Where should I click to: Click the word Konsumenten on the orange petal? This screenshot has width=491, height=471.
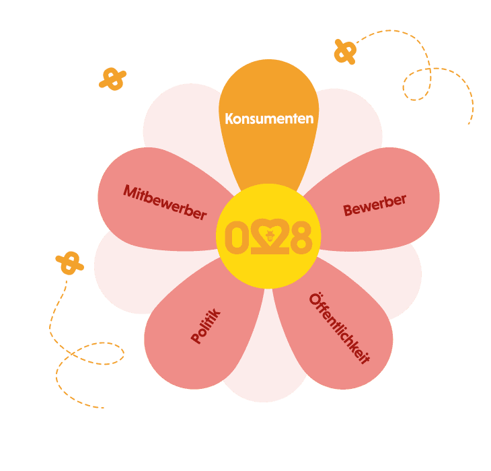(269, 118)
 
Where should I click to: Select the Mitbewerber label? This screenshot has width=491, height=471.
(164, 202)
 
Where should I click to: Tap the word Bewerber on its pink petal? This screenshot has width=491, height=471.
(375, 206)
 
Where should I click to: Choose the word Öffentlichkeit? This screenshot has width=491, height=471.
(340, 329)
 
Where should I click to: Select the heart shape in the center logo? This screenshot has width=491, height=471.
(269, 237)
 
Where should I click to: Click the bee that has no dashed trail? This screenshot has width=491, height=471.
(112, 79)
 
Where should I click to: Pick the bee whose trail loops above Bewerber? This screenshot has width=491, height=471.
(345, 51)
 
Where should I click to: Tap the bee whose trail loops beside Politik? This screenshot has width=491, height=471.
(69, 262)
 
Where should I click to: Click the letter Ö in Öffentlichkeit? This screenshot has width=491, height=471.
(317, 299)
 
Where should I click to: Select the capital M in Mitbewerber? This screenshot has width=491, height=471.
(130, 191)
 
